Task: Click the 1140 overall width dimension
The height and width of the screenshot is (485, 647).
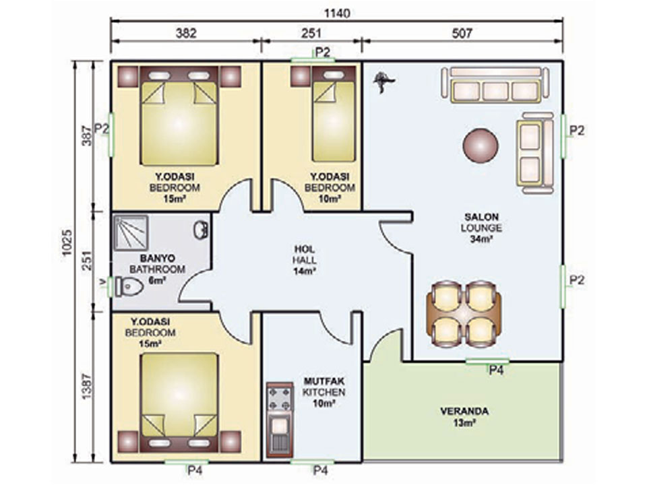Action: (x=337, y=13)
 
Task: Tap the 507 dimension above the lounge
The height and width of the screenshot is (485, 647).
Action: (x=462, y=33)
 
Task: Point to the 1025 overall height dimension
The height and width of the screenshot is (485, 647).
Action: (x=67, y=242)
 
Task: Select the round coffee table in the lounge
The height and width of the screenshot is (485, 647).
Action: (x=481, y=145)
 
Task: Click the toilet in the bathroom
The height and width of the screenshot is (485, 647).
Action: (x=129, y=287)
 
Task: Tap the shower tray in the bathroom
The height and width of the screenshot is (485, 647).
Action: (x=131, y=232)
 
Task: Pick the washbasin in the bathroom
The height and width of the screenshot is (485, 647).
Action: (x=201, y=230)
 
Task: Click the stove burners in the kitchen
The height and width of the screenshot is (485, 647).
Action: (x=279, y=398)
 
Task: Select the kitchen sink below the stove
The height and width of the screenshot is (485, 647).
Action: (x=280, y=434)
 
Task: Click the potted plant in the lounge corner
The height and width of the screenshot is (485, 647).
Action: (x=383, y=82)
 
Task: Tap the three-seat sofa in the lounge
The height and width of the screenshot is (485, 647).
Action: (x=495, y=85)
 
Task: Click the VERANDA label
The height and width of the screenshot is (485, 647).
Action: (x=464, y=411)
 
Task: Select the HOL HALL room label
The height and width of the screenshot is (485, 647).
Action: (x=305, y=255)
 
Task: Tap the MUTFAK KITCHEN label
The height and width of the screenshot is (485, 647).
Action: (x=324, y=387)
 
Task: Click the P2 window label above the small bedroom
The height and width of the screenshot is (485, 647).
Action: (x=323, y=53)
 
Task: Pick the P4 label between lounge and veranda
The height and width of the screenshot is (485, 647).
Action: (x=496, y=370)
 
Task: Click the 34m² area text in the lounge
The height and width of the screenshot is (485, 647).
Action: (x=481, y=238)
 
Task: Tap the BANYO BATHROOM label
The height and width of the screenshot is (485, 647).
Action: (x=157, y=264)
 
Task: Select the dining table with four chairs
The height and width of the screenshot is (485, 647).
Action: (x=464, y=309)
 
